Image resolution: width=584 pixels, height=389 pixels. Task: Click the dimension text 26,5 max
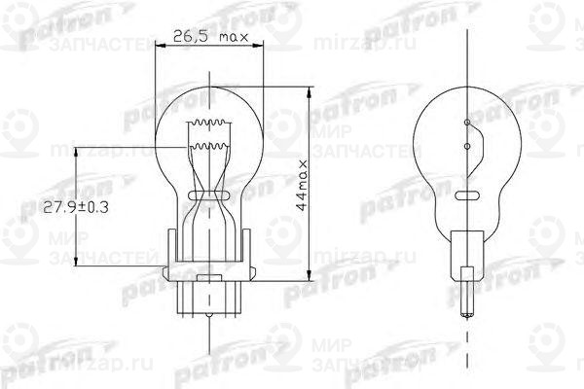pyautogui.click(x=211, y=39)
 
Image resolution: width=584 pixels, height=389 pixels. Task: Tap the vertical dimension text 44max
pyautogui.click(x=305, y=185)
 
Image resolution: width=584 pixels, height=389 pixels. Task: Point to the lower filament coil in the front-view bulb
pyautogui.click(x=210, y=149)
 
